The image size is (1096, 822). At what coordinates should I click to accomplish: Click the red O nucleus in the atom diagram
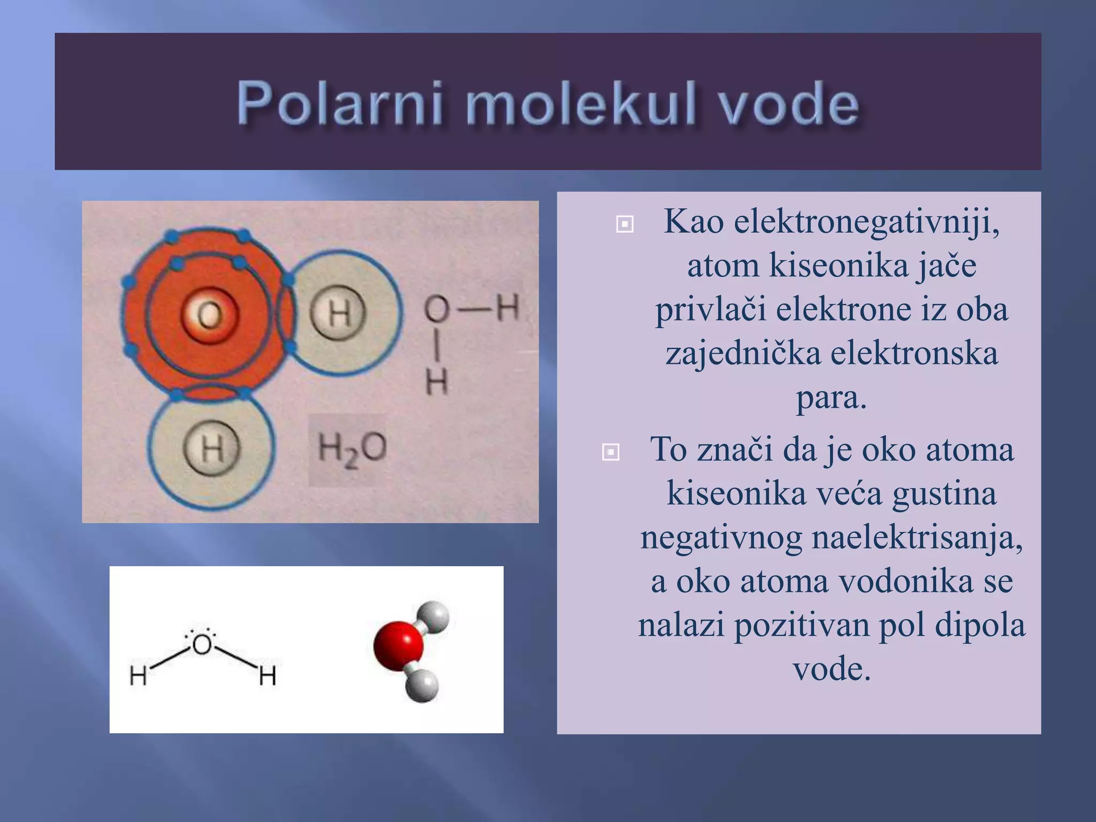point(209,315)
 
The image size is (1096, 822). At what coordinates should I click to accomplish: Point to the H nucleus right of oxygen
point(338,313)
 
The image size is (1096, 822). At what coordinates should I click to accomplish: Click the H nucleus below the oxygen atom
point(212,448)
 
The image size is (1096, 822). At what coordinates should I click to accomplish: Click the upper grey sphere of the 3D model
point(433,616)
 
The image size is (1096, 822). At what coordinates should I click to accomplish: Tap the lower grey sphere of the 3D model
point(422,686)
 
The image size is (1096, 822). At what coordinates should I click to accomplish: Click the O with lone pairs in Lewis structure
point(202,644)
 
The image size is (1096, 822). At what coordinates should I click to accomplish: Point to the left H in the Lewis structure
point(138,676)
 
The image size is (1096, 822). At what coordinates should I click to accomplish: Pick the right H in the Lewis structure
point(268,676)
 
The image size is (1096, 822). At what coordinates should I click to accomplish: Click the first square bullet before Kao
point(625,224)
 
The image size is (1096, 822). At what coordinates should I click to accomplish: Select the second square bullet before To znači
point(611,452)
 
